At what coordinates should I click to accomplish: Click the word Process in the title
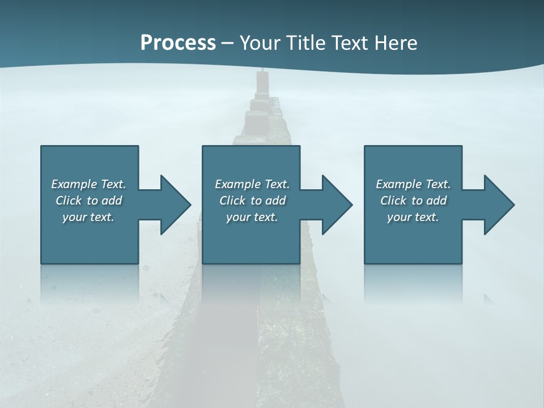pos(178,43)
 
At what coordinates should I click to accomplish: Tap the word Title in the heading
pos(305,43)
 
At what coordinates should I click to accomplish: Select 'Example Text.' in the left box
pos(88,184)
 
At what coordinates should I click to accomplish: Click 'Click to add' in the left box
pos(88,201)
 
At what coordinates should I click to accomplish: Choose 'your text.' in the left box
pos(88,217)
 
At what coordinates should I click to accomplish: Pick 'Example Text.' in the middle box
pos(252,184)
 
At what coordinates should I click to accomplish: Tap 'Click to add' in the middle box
pos(252,201)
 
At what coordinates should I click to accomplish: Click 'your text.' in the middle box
pos(252,217)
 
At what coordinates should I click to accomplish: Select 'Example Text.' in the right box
pos(413,184)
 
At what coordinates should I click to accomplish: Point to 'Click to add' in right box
pos(413,201)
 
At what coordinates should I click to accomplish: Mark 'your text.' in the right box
pos(413,217)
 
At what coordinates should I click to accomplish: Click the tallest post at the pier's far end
pos(262,82)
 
